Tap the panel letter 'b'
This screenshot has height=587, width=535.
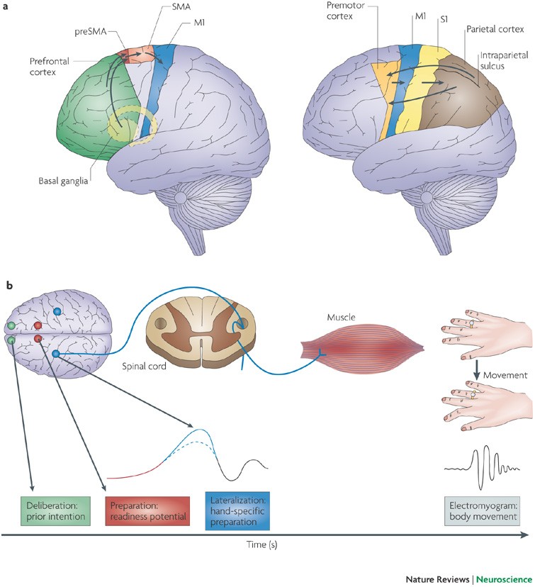point(8,285)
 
